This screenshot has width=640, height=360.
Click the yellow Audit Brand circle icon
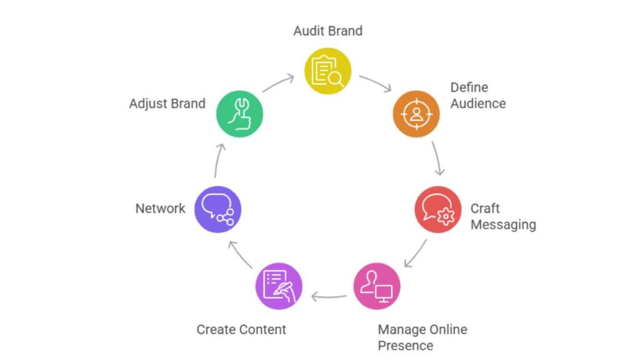327,71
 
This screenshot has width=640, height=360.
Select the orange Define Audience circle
416,114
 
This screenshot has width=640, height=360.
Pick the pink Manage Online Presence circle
377,286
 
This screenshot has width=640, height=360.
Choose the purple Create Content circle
279,286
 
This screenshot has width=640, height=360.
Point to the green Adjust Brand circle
239,114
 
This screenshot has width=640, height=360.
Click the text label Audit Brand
327,31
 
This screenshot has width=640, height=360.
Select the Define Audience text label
478,96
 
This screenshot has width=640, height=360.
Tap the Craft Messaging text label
502,216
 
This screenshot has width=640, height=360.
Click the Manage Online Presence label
422,337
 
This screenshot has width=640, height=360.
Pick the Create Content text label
241,329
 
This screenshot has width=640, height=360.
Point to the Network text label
161,209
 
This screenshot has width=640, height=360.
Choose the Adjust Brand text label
167,103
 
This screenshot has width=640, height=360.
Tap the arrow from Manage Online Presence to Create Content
329,296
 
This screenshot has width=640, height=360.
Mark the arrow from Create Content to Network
239,254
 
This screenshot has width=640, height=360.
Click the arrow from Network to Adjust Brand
217,161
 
